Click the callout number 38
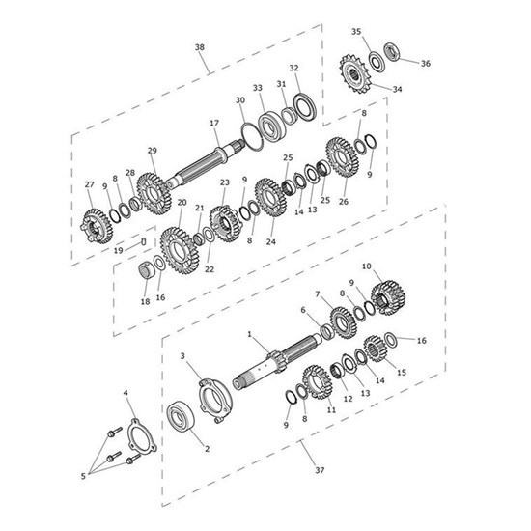[x=200, y=47]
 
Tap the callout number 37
[x=320, y=470]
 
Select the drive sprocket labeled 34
[x=354, y=73]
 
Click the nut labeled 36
[x=393, y=52]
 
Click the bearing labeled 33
[x=272, y=125]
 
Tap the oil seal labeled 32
[x=305, y=107]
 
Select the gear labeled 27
[x=97, y=226]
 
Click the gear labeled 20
[x=180, y=250]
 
